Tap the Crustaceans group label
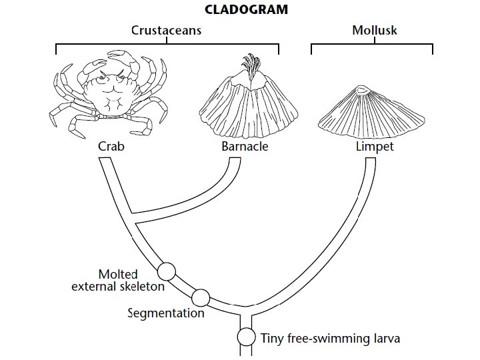pos(166,31)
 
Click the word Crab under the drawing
pos(111,146)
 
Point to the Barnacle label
pos(244,146)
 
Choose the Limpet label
pos(375,146)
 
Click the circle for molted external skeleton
pos(166,271)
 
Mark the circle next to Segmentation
pos(200,297)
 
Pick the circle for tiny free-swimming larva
pos(247,337)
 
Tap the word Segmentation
pos(166,312)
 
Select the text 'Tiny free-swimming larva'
pos(330,338)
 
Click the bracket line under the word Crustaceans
pos(167,45)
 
